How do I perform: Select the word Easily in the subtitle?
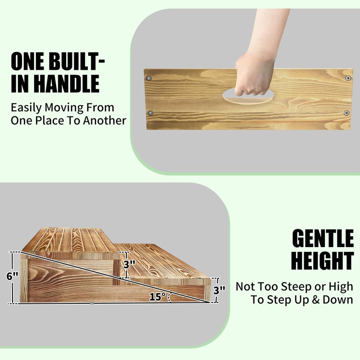click(25, 108)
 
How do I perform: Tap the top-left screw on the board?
click(149, 78)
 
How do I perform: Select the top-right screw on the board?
click(348, 78)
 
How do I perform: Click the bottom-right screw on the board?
click(346, 112)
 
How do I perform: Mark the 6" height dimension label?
click(12, 276)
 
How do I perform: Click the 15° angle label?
click(157, 297)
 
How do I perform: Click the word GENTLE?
click(323, 239)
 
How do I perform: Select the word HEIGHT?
click(322, 261)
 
